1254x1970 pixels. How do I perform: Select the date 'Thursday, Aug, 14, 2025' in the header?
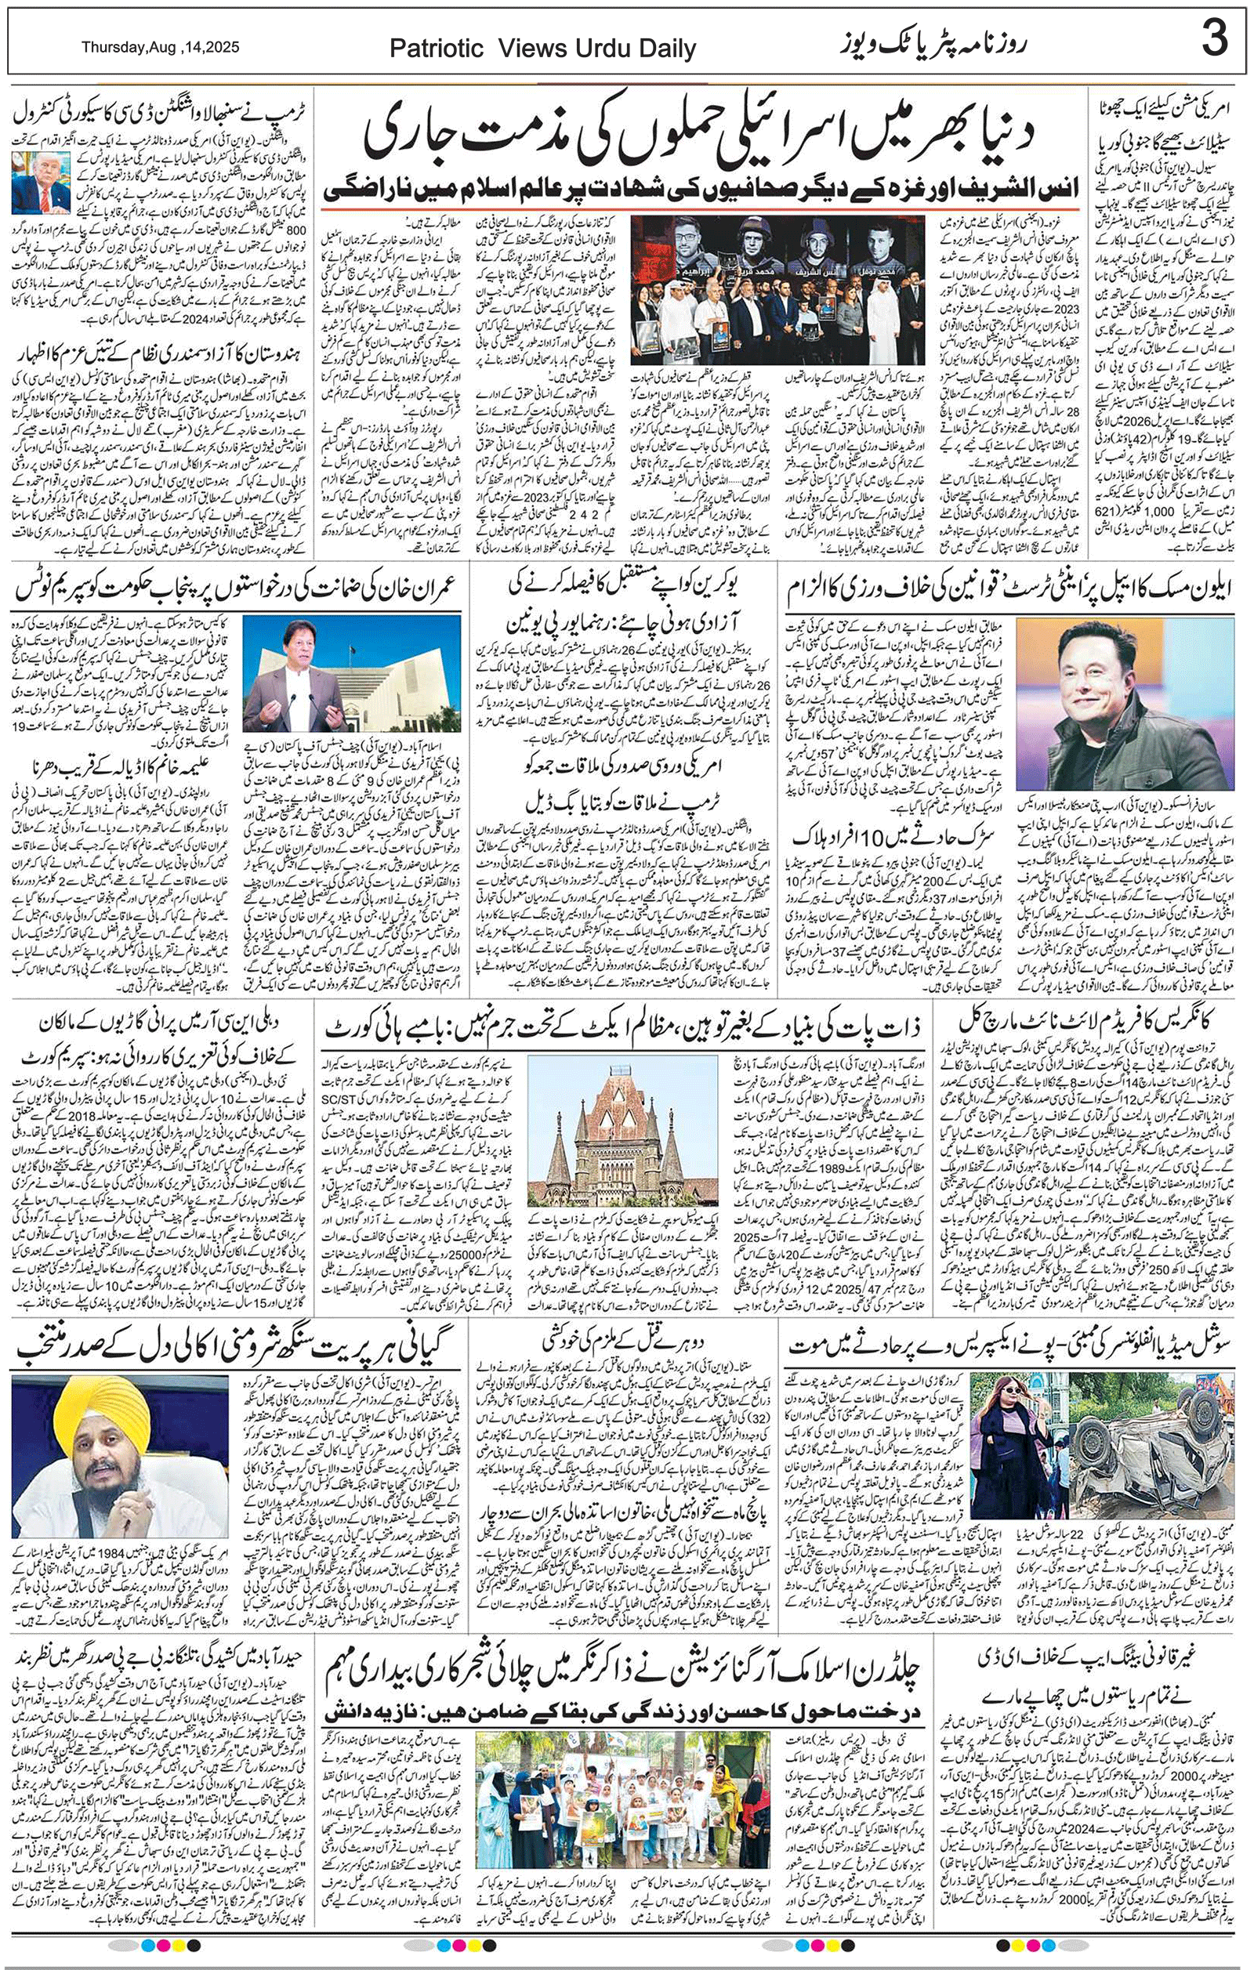[161, 48]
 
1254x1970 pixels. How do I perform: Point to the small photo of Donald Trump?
[41, 182]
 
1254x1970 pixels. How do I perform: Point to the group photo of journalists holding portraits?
[777, 291]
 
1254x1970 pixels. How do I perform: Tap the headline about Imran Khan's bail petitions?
[233, 588]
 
